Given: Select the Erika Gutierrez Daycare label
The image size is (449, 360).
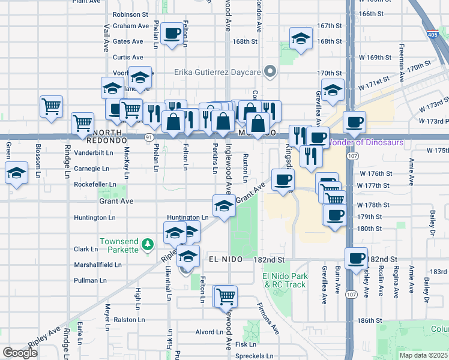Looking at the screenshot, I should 218,72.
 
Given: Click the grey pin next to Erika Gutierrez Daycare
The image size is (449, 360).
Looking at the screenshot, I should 270,72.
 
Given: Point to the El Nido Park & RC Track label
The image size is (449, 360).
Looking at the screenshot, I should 285,280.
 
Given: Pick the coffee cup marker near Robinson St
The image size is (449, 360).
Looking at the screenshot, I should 173,34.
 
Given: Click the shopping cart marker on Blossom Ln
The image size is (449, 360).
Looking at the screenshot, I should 51,106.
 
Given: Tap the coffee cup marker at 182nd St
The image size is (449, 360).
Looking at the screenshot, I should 357,257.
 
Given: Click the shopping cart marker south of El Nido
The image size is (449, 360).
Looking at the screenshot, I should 226,296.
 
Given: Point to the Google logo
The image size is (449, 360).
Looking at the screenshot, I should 20,353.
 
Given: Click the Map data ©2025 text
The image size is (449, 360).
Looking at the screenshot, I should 423,355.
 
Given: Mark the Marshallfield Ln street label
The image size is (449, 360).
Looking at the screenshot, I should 97,265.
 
